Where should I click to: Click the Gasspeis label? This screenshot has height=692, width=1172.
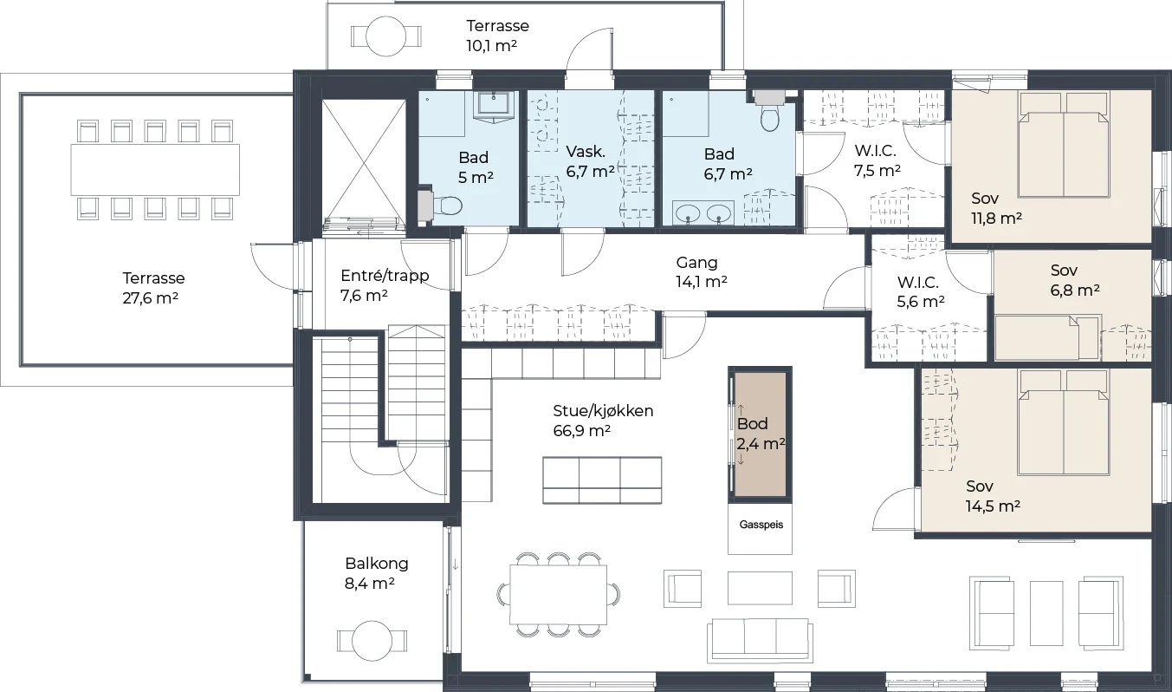point(761,525)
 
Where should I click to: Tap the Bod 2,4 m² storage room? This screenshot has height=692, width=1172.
point(761,434)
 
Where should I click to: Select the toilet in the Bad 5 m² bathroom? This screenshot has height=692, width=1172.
point(446,206)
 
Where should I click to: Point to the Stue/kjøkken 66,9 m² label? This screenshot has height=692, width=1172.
point(603,421)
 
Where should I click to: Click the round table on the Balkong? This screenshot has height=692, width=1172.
point(372,641)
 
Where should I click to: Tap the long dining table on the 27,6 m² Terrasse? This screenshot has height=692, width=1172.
point(155,170)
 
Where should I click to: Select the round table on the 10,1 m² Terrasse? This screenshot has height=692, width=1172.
point(386,36)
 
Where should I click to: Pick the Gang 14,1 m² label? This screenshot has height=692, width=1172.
point(701,272)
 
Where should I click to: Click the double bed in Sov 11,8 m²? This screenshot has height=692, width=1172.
point(1064,145)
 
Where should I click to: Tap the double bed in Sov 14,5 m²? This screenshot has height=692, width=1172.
point(1064,422)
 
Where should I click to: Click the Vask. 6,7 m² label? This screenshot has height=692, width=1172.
point(590,161)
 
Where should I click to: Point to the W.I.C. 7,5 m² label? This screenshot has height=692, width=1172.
point(877,160)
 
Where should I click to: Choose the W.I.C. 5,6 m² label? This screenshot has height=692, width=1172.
point(920,291)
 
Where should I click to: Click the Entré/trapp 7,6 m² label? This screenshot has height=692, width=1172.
point(384,285)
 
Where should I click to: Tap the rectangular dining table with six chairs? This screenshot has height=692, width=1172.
point(558,595)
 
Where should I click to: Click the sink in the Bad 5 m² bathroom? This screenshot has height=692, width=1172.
point(494,107)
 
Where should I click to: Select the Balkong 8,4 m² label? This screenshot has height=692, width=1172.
point(376,573)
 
